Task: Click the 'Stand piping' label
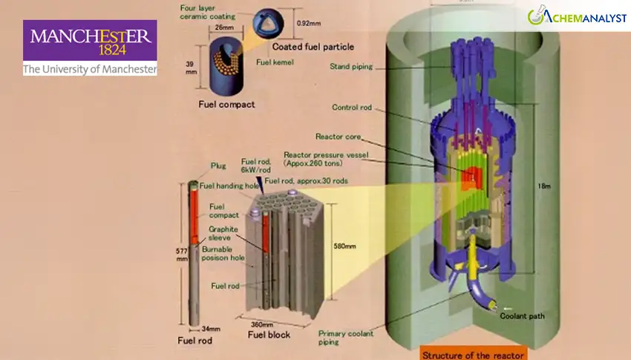point(351,66)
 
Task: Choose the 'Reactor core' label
point(338,137)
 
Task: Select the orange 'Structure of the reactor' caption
point(473,353)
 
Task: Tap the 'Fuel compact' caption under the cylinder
point(226,105)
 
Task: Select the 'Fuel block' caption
point(269,336)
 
